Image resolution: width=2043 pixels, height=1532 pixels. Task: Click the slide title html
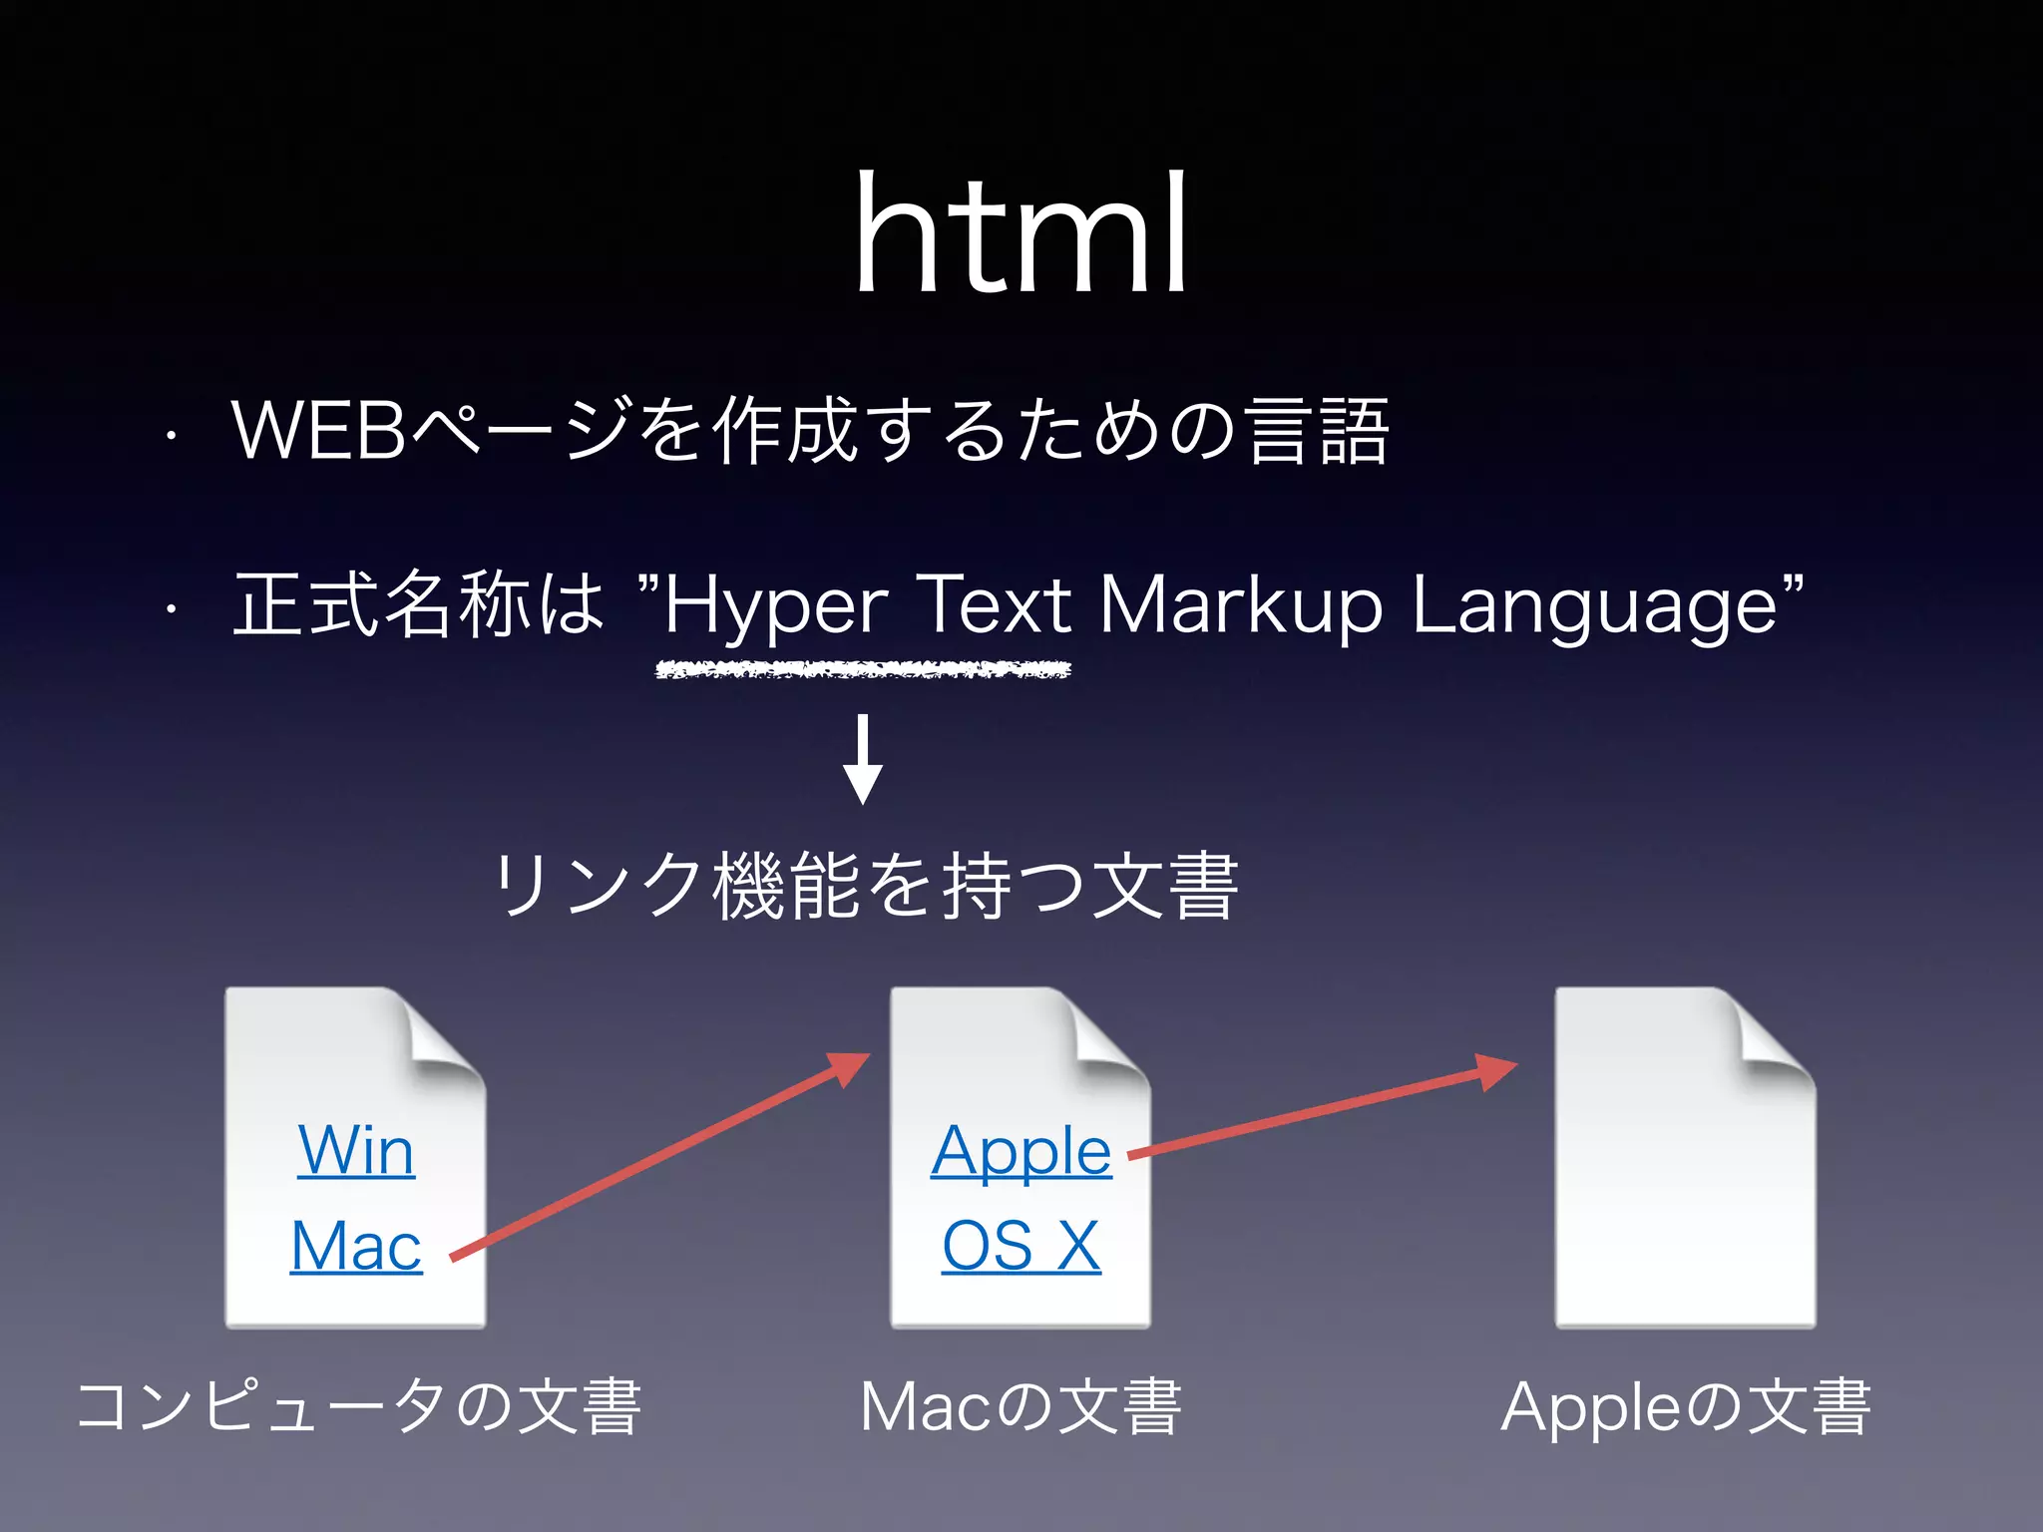coord(1021,234)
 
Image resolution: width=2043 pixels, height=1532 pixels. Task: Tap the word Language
coord(1594,606)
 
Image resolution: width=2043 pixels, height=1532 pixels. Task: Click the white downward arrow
coord(863,759)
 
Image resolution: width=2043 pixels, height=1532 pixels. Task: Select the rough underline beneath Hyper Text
coord(863,670)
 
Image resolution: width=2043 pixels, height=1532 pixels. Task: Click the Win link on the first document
coord(356,1151)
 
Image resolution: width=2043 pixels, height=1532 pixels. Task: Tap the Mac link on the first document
coord(356,1246)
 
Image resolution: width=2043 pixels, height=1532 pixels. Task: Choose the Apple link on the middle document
coord(1021,1151)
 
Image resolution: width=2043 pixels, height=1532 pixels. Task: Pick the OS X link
coord(1021,1246)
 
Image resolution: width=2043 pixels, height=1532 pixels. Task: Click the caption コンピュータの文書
coord(359,1406)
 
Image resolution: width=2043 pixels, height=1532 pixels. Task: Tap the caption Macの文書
coord(1021,1406)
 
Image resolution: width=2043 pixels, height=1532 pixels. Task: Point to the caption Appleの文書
coord(1685,1406)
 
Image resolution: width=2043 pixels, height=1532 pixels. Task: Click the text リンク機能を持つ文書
coord(866,886)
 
